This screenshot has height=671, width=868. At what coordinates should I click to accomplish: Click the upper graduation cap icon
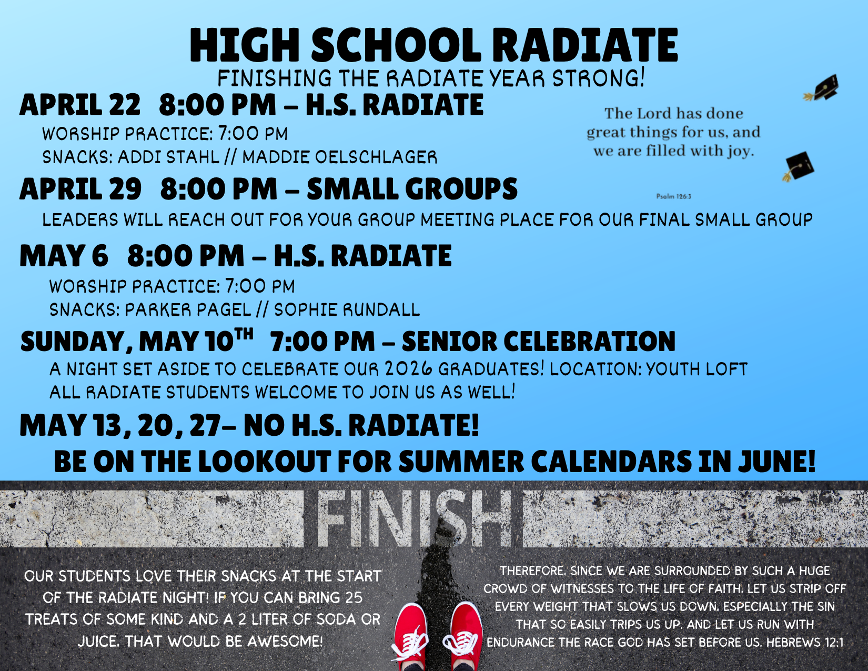pos(822,88)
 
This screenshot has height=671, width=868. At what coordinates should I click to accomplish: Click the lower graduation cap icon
pos(798,167)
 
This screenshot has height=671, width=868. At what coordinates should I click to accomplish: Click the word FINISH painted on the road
pos(413,519)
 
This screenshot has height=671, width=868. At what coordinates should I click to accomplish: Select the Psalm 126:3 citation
pos(674,196)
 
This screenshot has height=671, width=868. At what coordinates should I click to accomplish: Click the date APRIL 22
pos(80,105)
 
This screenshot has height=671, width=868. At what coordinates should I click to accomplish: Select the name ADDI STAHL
pos(168,157)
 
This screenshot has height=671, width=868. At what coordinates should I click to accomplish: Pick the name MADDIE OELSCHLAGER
pos(340,157)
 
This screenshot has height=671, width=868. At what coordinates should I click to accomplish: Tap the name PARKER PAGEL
pos(188,310)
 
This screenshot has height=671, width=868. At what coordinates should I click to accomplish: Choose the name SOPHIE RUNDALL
pos(347,310)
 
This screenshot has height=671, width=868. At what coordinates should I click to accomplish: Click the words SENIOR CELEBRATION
pos(539,342)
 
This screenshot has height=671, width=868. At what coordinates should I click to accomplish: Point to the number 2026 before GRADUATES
pos(409,369)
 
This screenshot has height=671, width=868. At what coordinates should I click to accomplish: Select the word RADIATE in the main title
pos(584,45)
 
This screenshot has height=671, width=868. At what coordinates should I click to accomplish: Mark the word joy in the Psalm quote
pos(741,152)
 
